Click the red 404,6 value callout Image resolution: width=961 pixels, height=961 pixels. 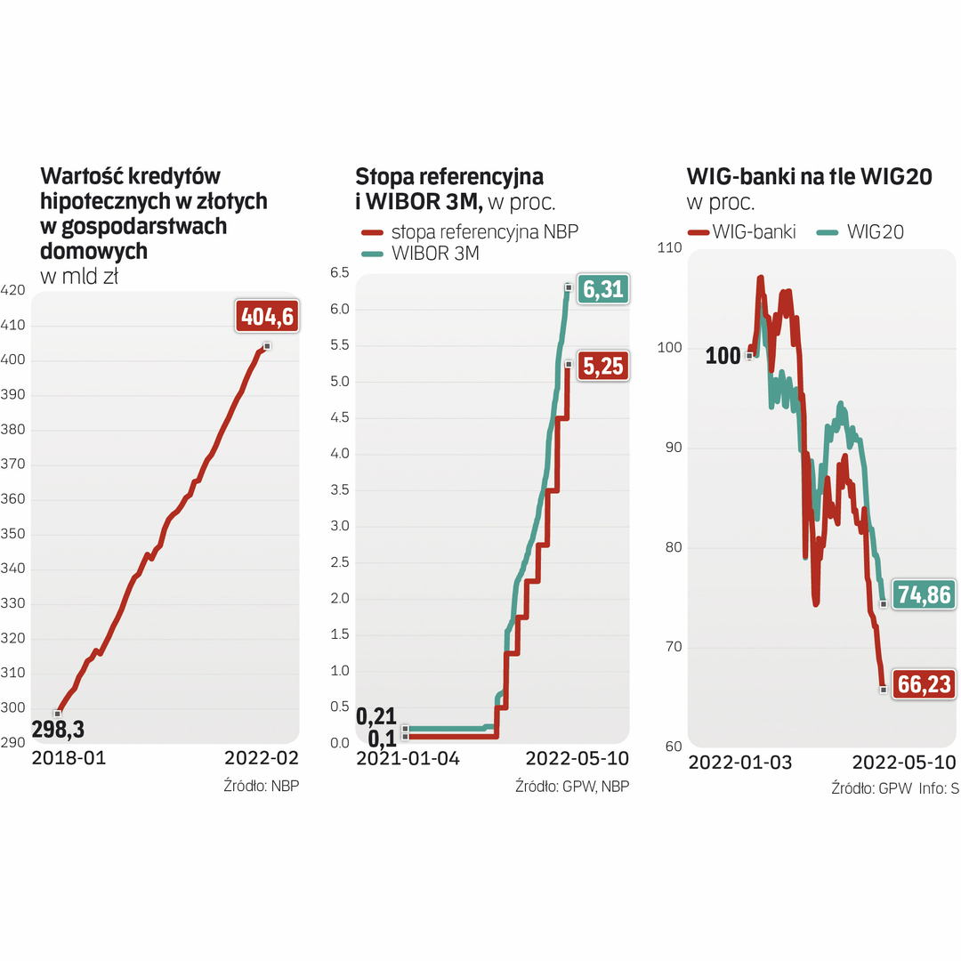tap(266, 316)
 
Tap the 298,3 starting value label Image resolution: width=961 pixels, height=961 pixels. tap(58, 730)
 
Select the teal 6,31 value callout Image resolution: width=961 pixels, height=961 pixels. tap(603, 289)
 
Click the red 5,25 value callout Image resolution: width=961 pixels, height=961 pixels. tap(603, 366)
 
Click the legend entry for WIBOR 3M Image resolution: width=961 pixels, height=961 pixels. tap(435, 254)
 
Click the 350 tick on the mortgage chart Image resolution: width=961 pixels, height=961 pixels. tap(13, 534)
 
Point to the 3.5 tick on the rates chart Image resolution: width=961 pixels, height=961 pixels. tap(339, 490)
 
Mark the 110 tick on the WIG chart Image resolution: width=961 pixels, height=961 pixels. tap(669, 247)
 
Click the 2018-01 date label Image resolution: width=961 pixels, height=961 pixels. tap(69, 759)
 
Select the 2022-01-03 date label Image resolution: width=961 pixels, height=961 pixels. tap(740, 763)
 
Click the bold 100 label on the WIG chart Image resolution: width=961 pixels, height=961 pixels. tap(723, 357)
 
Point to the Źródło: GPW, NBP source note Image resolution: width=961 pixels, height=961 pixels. tap(572, 787)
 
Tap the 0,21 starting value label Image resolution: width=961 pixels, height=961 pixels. tap(375, 716)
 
